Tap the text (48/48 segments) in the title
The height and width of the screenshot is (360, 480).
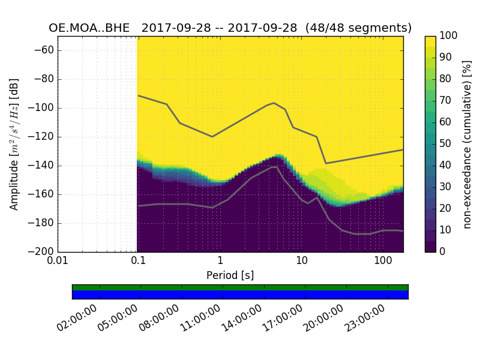click(x=358, y=28)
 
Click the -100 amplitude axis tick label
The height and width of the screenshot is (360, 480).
click(x=40, y=108)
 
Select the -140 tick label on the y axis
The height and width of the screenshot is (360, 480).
click(x=40, y=166)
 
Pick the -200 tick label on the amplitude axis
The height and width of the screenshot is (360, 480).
click(x=40, y=252)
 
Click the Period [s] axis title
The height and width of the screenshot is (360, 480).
click(x=230, y=275)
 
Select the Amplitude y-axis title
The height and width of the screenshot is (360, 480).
click(x=14, y=144)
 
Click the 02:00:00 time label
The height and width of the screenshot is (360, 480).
click(x=76, y=319)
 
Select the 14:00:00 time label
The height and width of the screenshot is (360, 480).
click(x=241, y=319)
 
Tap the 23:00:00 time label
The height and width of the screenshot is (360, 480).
click(x=364, y=319)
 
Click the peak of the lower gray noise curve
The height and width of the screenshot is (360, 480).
click(x=275, y=167)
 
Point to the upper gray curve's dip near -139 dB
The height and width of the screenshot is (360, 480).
click(x=326, y=163)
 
